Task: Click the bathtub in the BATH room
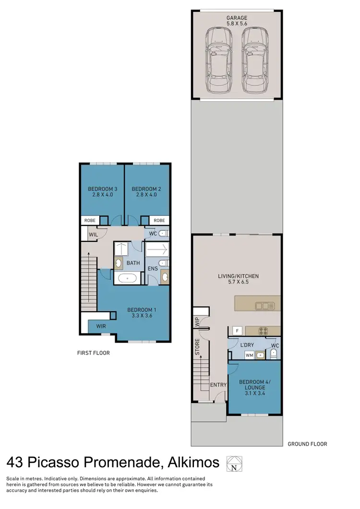pos(128,277)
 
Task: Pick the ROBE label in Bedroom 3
pos(90,221)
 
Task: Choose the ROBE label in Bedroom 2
pos(159,221)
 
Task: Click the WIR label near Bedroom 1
pos(101,326)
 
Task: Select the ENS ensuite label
pos(152,268)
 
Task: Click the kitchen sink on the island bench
pos(264,305)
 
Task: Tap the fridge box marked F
pos(237,330)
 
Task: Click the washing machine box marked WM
pos(249,355)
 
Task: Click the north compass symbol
pos(234,463)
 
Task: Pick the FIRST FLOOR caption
pos(93,353)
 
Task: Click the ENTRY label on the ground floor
pos(217,385)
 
